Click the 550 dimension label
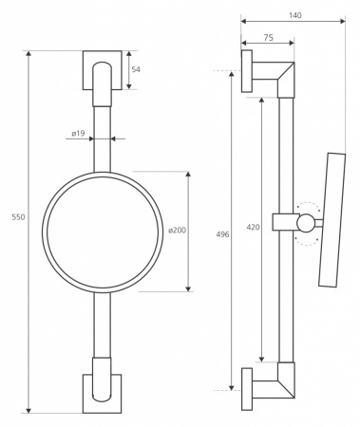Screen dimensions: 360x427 (x=18, y=217)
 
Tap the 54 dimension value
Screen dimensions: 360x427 (x=136, y=69)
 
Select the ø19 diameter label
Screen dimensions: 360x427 (x=78, y=134)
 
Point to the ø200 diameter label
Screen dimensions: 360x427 (x=178, y=231)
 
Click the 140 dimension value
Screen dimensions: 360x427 (x=295, y=15)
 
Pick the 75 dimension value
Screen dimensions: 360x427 (x=268, y=38)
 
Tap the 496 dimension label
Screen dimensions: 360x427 (x=222, y=234)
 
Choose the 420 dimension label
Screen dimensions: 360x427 (x=253, y=227)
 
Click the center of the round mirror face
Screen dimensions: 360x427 (x=103, y=232)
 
